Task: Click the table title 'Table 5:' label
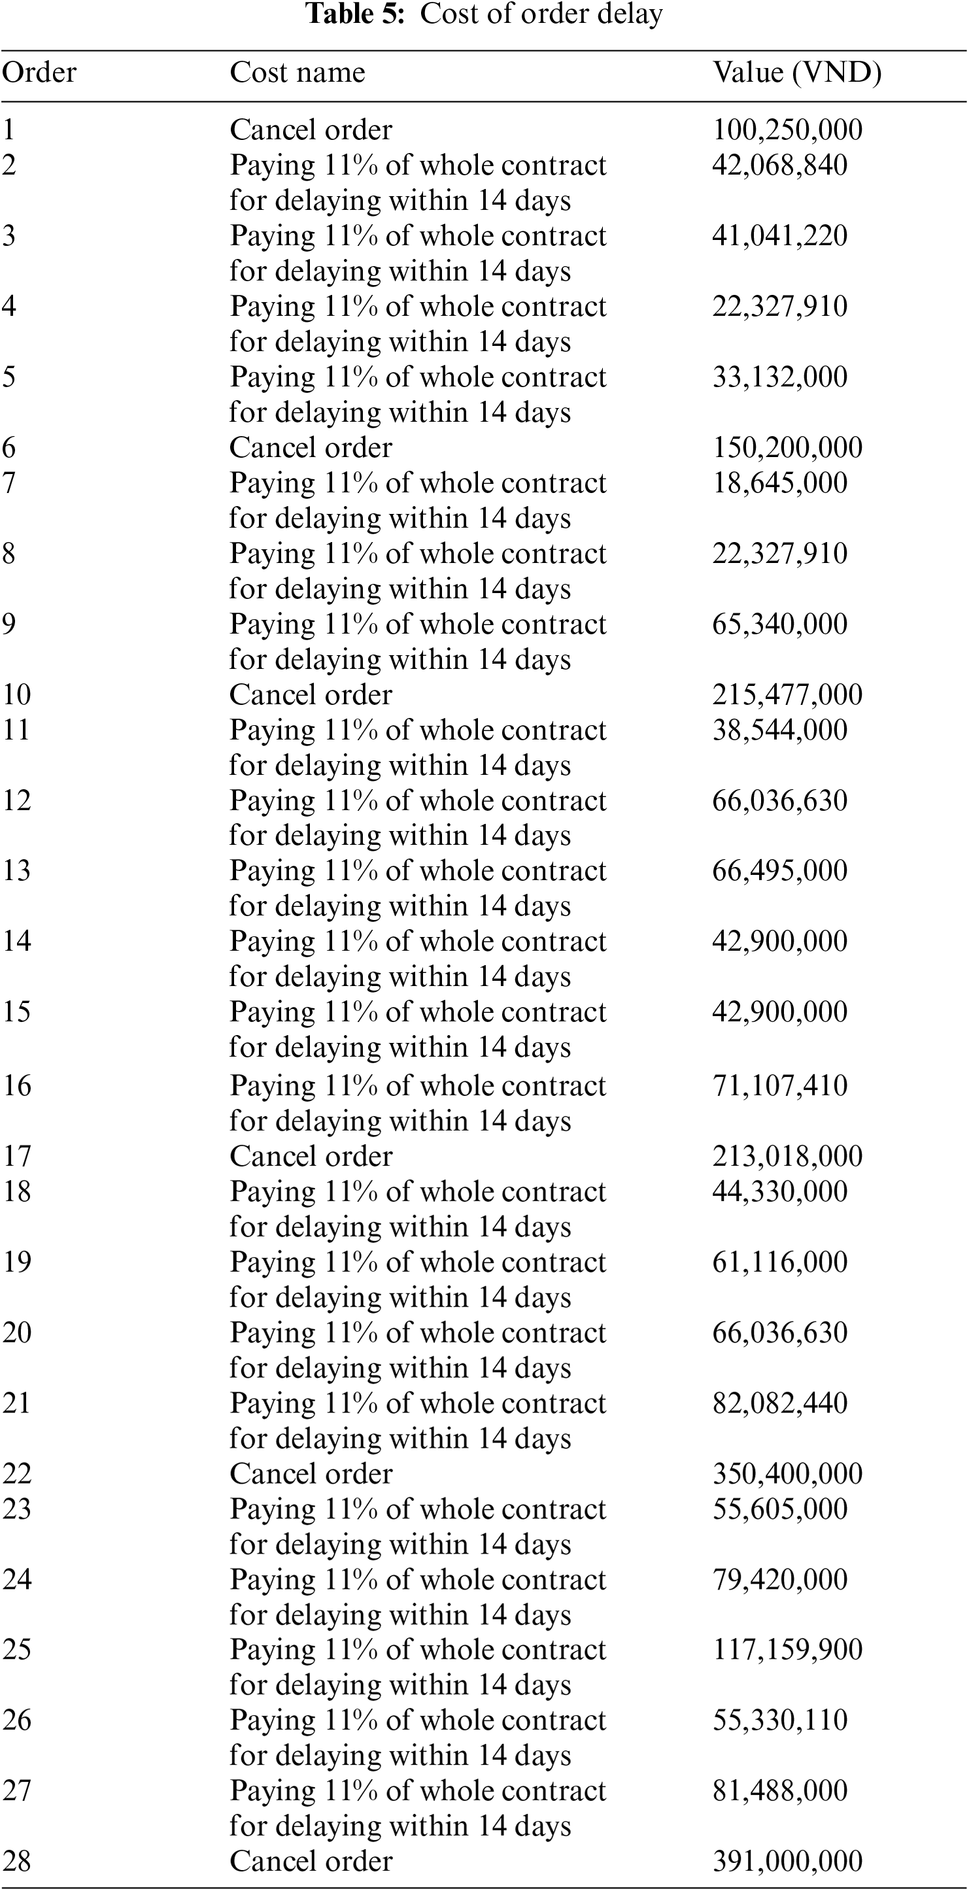354,14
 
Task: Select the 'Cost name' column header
297,73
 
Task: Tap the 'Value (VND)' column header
796,73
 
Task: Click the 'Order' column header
39,73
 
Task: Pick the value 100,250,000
787,130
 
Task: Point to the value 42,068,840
779,165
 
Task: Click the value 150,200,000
787,448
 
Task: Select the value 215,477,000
787,695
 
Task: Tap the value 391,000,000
787,1861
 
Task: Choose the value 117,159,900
787,1650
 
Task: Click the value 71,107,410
779,1085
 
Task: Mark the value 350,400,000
787,1474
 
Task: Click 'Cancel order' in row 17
311,1156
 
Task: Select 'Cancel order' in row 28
311,1861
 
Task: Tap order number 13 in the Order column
17,870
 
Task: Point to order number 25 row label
17,1650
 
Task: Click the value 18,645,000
779,483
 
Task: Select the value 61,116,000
779,1262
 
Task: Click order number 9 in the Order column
8,624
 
